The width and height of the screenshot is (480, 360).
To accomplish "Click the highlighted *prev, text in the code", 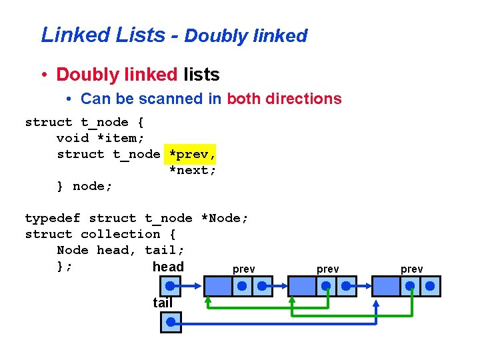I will pos(192,154).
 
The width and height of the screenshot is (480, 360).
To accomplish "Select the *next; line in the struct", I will pos(192,170).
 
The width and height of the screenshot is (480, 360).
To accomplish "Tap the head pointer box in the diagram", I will pos(171,287).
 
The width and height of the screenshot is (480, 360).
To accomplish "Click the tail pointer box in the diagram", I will pos(171,322).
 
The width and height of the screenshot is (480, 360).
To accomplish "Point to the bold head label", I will pos(168,267).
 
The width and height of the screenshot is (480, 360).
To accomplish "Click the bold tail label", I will pos(163,303).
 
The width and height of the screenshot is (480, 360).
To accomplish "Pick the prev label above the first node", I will pos(243,269).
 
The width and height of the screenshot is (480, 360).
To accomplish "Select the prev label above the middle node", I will pos(327,269).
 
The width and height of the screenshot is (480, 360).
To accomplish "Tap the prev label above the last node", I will pos(411,269).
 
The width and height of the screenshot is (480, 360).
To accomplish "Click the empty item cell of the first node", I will pos(217,287).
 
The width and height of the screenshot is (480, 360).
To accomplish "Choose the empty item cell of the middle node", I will pos(301,287).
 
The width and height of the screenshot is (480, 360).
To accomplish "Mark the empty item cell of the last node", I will pos(385,287).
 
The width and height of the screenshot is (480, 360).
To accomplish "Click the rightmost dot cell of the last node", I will pos(430,287).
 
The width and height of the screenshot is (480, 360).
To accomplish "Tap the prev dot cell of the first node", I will pos(242,287).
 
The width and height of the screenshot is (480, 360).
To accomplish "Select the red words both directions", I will pos(284,99).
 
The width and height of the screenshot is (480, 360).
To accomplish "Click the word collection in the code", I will pos(121,234).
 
